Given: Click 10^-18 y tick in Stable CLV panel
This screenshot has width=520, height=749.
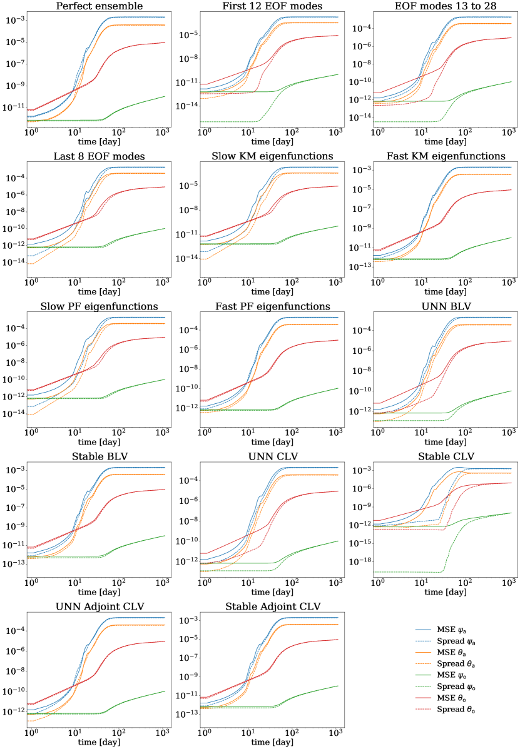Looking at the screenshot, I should click(x=360, y=561).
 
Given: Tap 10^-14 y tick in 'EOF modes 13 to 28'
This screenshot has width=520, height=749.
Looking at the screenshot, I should click(x=360, y=117).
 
